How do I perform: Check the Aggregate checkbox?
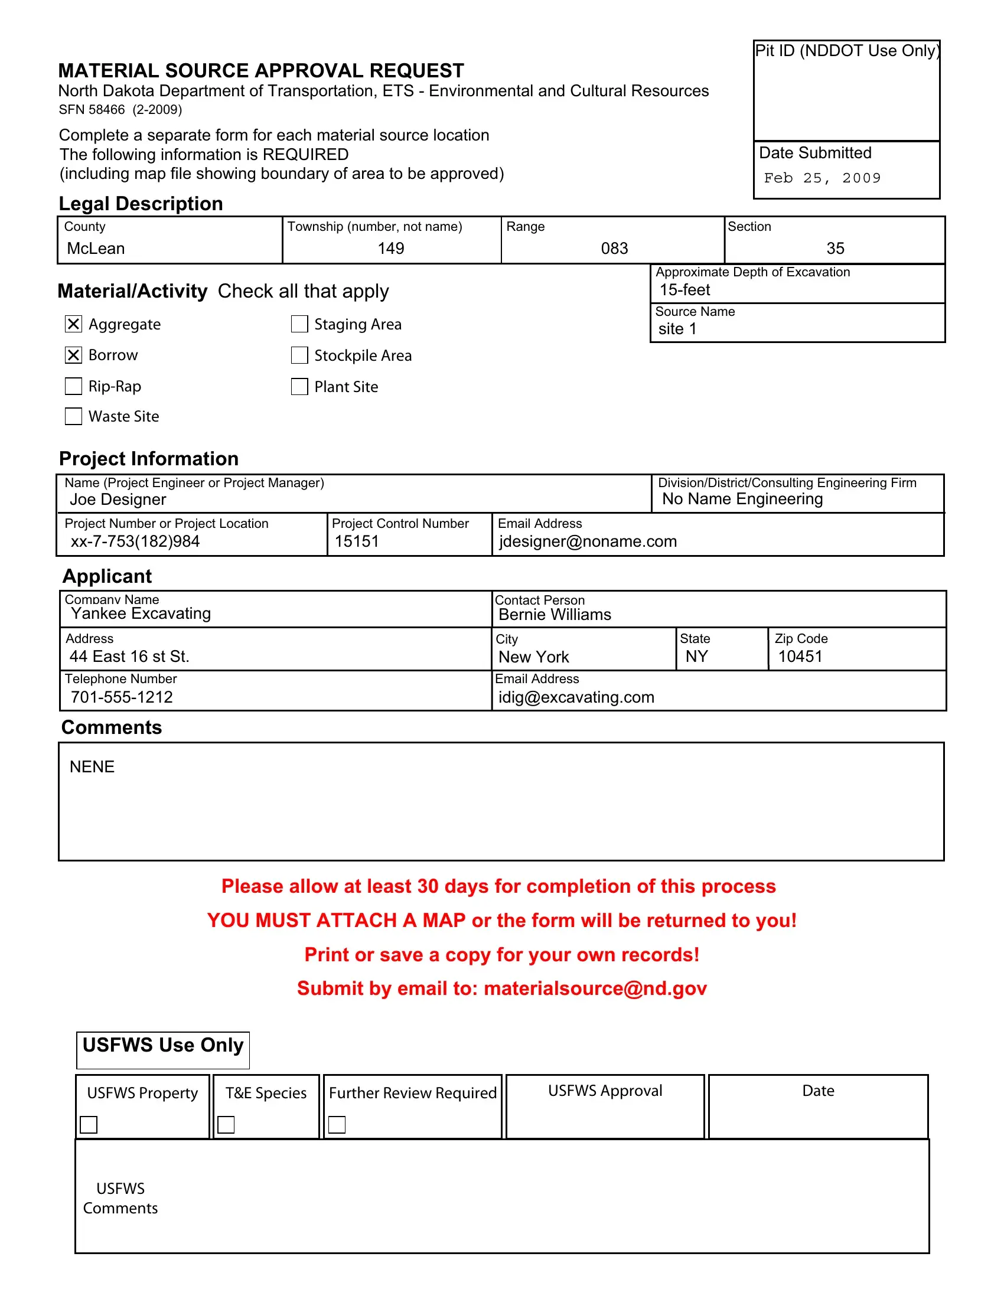(x=73, y=324)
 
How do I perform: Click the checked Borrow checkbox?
(x=73, y=355)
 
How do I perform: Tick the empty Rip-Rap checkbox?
(x=73, y=386)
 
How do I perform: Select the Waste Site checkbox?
(x=73, y=416)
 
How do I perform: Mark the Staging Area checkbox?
(x=299, y=324)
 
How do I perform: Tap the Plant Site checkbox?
(x=299, y=387)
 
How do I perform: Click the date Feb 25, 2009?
(x=822, y=178)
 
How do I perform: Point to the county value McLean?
(x=96, y=249)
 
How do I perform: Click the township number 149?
(x=391, y=249)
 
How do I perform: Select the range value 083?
(x=614, y=249)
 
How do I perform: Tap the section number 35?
(x=835, y=249)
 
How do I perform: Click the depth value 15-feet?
(x=684, y=291)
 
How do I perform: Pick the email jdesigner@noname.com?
(x=588, y=541)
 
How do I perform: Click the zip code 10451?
(x=800, y=657)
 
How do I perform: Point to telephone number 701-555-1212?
(x=122, y=697)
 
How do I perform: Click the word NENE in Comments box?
(x=92, y=766)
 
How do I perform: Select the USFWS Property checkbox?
(x=89, y=1125)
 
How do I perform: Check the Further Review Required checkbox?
(x=337, y=1125)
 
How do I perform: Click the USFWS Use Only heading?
(x=163, y=1046)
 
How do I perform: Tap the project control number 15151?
(x=357, y=541)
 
